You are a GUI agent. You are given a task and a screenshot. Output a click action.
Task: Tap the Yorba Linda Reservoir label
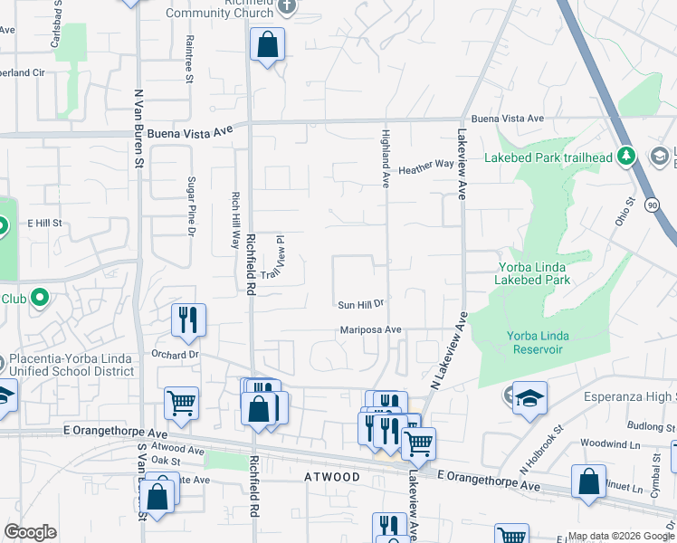point(538,342)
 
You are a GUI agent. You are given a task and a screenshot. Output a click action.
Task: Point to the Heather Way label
point(425,167)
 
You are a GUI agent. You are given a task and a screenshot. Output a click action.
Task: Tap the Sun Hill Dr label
point(361,305)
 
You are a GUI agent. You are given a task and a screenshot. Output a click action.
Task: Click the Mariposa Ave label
point(370,330)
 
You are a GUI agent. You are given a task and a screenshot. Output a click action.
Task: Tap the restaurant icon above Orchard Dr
point(188,319)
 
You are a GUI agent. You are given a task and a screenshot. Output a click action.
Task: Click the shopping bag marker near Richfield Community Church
point(268,44)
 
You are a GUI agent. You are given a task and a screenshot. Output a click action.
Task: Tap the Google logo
point(30,532)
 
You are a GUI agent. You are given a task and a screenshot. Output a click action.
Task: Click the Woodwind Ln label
point(605,443)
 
